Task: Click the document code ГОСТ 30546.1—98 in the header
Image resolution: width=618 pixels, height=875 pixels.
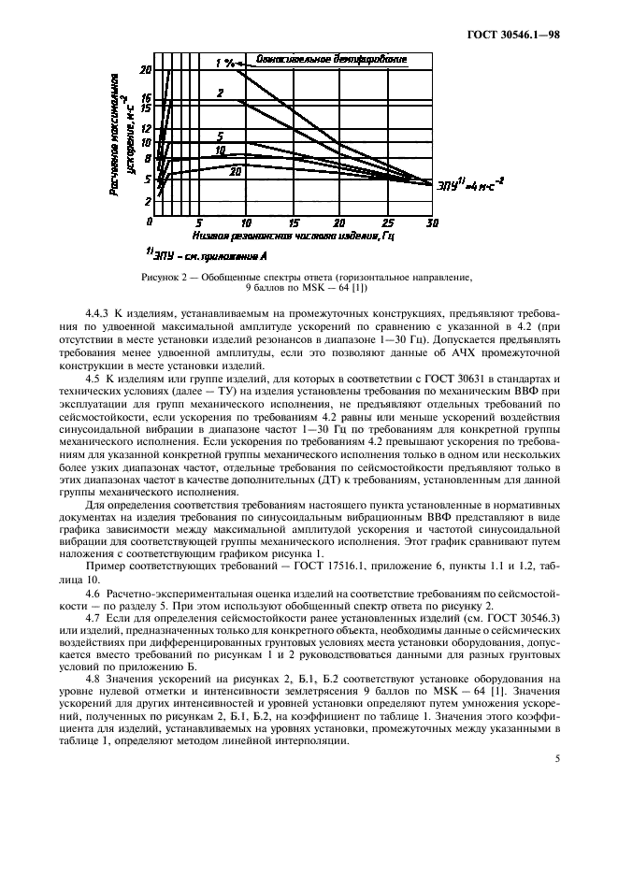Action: click(x=520, y=36)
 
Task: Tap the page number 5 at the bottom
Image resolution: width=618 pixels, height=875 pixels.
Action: click(x=557, y=759)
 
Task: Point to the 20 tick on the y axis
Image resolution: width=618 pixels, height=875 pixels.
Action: click(x=145, y=70)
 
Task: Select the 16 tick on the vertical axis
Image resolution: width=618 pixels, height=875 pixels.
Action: click(x=145, y=97)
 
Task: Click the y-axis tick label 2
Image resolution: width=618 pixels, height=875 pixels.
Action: click(x=147, y=201)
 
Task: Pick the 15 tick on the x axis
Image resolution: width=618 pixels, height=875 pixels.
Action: click(x=294, y=223)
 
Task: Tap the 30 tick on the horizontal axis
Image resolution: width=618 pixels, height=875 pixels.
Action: click(x=432, y=223)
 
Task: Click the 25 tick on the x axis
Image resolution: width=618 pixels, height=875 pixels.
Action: click(x=387, y=223)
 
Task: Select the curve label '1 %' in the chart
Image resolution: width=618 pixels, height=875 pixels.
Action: click(x=224, y=63)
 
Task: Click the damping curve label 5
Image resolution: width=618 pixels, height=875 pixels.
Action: click(x=220, y=136)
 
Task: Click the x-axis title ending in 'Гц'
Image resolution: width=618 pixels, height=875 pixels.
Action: click(x=290, y=237)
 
